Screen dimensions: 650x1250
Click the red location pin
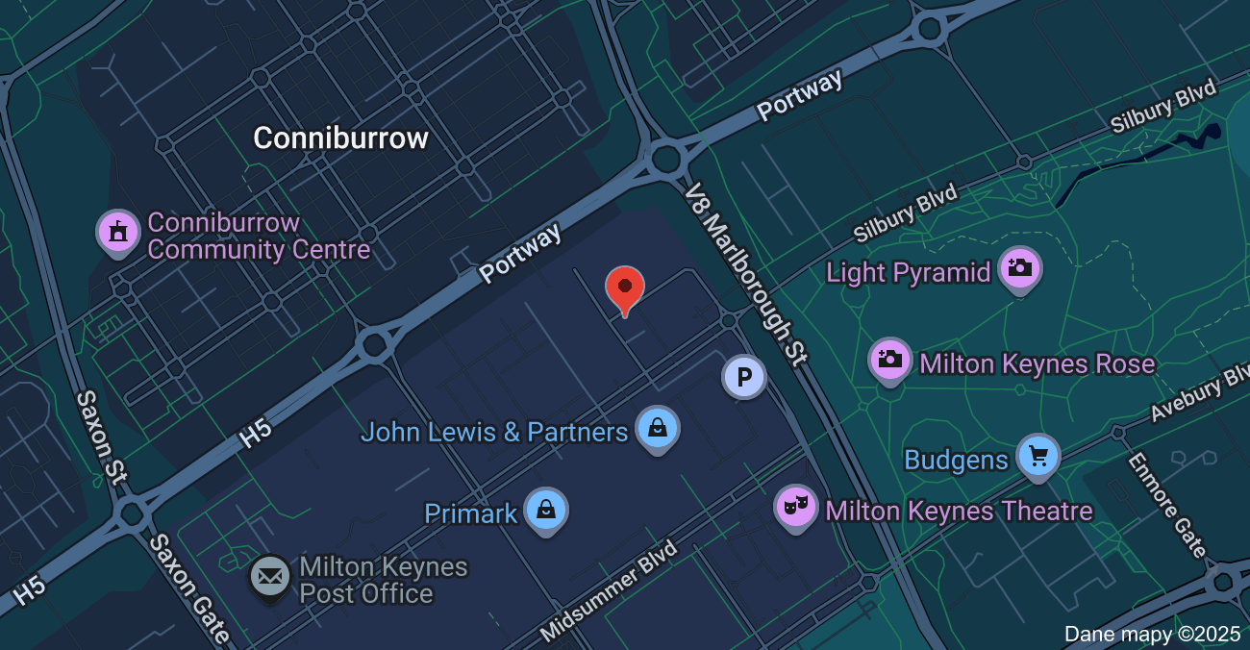click(625, 288)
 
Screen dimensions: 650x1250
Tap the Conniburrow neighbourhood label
click(340, 138)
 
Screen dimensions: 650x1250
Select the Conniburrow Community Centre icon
click(118, 232)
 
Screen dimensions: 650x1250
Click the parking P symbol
click(743, 378)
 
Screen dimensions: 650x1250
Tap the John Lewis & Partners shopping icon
click(657, 428)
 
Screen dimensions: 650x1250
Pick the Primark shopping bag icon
click(545, 510)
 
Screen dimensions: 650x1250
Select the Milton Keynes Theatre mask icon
click(796, 507)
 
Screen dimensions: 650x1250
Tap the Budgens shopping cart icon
click(1037, 456)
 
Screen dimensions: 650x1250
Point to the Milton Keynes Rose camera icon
click(890, 360)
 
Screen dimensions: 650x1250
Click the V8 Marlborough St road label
click(745, 275)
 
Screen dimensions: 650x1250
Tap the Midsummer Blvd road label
click(610, 590)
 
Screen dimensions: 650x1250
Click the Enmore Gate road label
click(1167, 506)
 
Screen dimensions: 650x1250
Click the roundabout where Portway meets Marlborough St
click(664, 160)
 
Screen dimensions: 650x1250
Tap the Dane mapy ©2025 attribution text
click(1153, 635)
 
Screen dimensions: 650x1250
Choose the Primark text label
click(471, 513)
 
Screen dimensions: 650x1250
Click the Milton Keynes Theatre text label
click(959, 511)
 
